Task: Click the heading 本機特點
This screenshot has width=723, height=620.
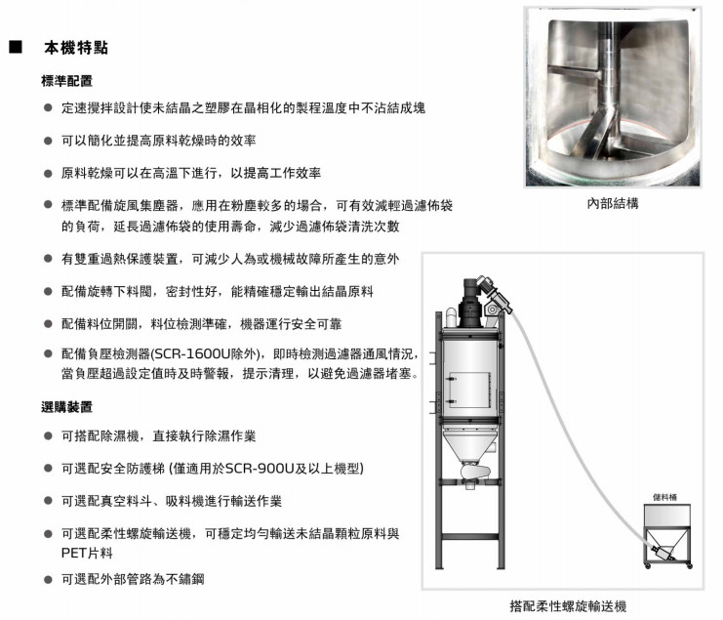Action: [76, 48]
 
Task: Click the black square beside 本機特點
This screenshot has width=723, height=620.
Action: [16, 47]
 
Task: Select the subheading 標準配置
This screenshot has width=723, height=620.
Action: [67, 81]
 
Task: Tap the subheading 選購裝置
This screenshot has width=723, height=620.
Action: [67, 407]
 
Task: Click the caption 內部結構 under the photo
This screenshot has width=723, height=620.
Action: [613, 203]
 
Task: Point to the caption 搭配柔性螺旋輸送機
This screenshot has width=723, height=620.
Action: [568, 606]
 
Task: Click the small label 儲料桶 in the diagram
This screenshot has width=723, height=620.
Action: [664, 497]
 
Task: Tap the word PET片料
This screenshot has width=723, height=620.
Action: [87, 553]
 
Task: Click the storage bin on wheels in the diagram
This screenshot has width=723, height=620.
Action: [667, 536]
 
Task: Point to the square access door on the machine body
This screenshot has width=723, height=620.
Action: [469, 390]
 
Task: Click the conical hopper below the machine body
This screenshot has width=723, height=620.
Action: [469, 445]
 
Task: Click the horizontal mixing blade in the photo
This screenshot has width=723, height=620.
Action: [575, 72]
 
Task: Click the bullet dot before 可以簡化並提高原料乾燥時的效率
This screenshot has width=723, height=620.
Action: [48, 141]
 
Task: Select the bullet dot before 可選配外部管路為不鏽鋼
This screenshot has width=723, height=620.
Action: [48, 579]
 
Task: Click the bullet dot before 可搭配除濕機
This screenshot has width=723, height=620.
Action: [48, 435]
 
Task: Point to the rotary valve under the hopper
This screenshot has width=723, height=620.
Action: [475, 473]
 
